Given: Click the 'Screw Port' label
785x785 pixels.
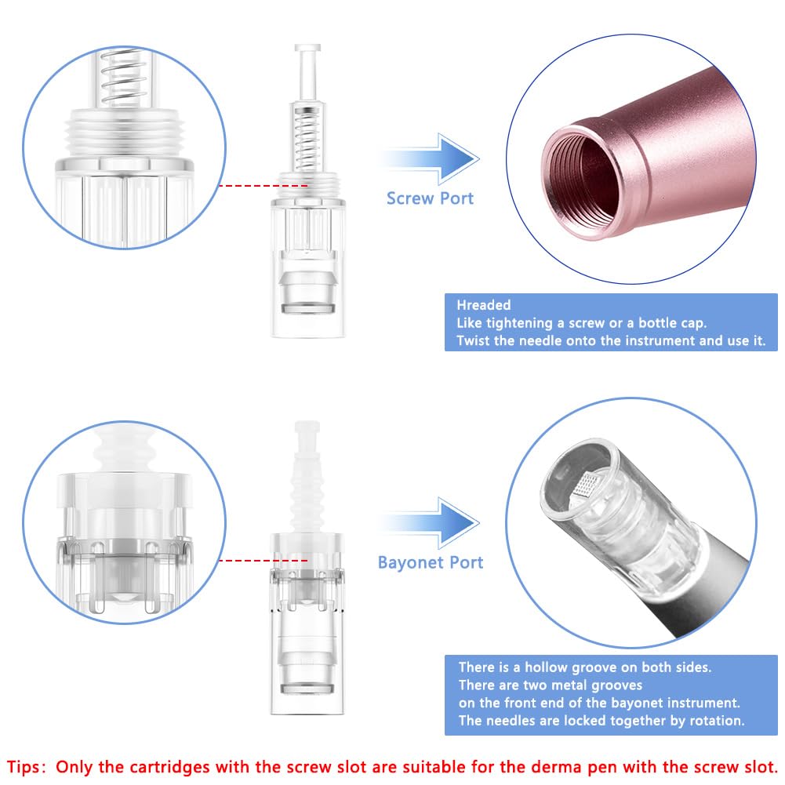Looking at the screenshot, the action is [430, 198].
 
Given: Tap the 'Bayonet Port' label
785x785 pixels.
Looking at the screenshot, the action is [431, 562].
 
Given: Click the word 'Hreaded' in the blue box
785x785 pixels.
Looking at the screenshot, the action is [484, 305].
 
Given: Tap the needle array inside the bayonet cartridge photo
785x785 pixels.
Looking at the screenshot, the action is [586, 485].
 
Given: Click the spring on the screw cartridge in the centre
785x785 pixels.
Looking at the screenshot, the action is [307, 139].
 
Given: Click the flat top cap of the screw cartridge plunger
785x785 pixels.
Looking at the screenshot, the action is [307, 48].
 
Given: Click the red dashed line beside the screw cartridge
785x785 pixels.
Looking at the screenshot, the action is [263, 186].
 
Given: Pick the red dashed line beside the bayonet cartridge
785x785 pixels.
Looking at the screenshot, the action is [263, 560].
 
